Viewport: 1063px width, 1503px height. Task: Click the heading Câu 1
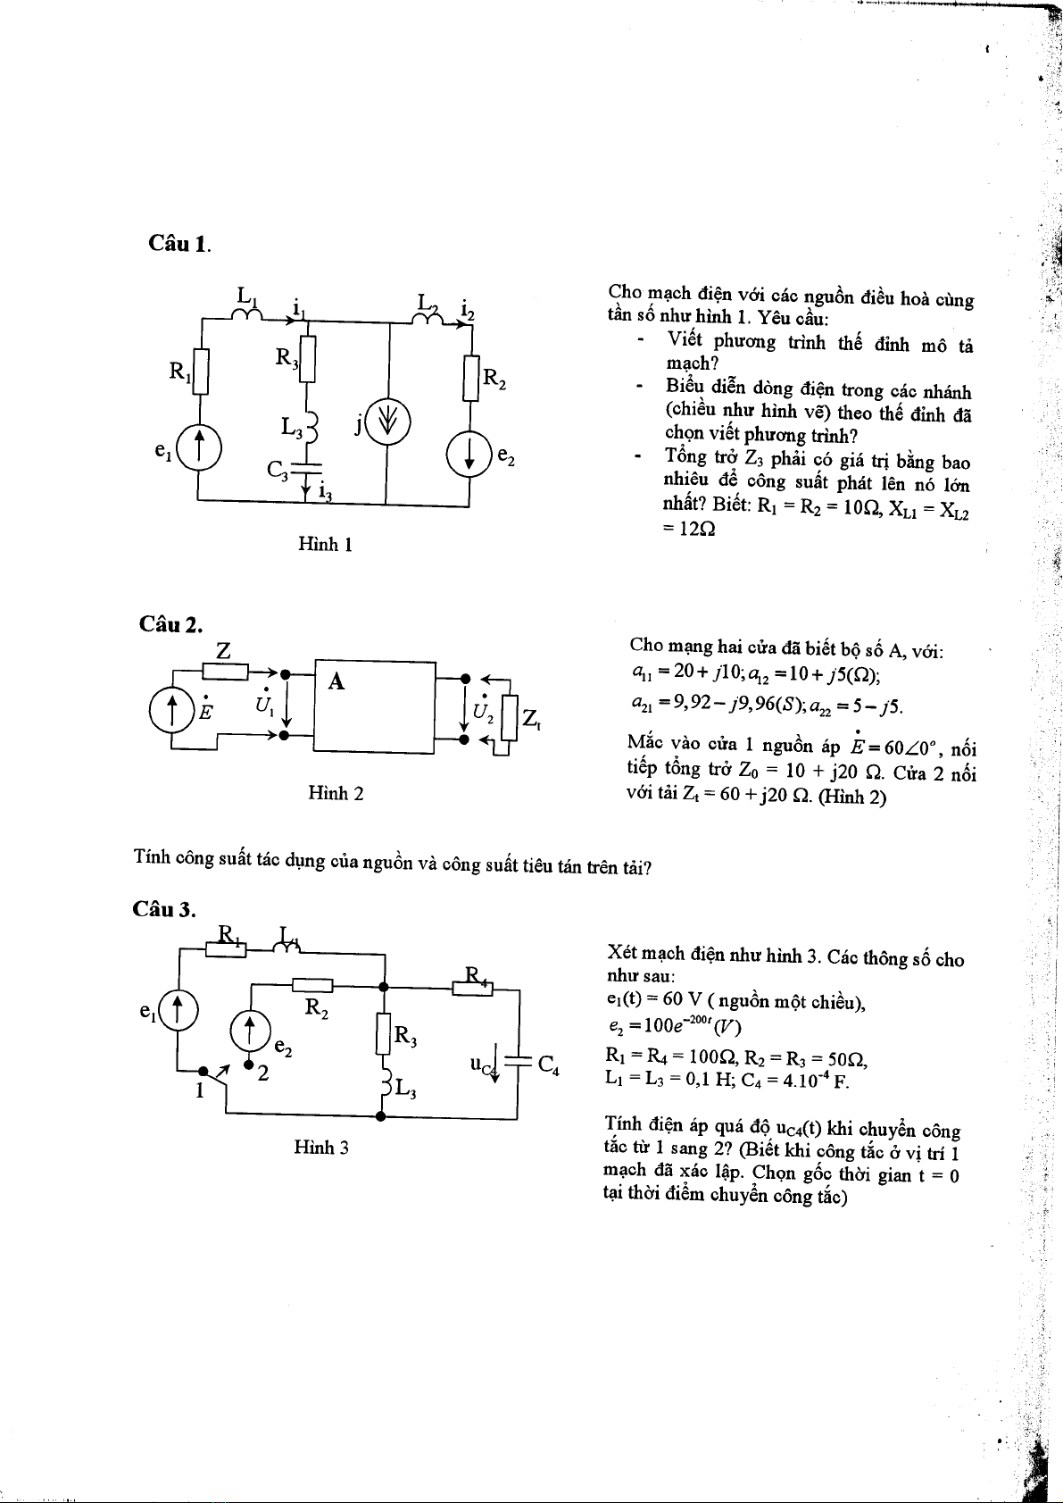click(x=179, y=243)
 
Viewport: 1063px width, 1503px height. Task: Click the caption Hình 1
click(x=325, y=544)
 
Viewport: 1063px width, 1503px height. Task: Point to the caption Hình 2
click(x=335, y=793)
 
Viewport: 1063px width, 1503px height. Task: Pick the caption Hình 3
click(x=320, y=1148)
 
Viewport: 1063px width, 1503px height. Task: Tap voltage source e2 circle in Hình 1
click(x=469, y=454)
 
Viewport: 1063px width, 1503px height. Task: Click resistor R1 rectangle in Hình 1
click(x=200, y=371)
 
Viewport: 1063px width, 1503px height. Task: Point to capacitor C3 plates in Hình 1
click(x=306, y=469)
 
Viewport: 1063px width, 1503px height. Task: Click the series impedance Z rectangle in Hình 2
click(x=226, y=671)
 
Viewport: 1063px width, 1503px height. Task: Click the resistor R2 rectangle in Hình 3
click(x=312, y=985)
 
